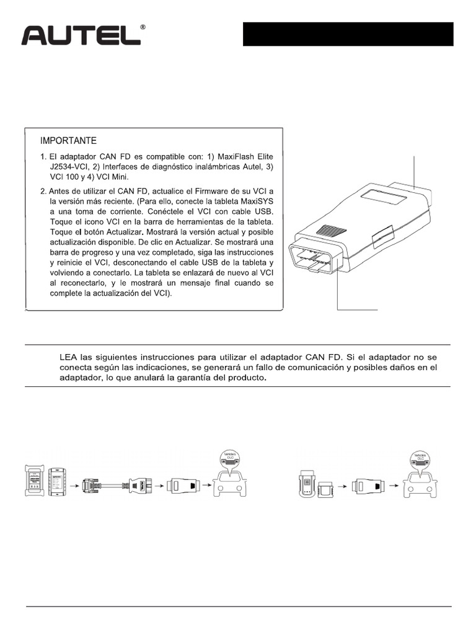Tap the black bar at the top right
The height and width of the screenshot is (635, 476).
coord(347,34)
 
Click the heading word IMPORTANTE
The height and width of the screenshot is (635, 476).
coord(68,140)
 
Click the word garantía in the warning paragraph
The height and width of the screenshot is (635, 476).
coord(171,378)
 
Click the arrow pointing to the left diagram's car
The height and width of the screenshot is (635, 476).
coord(205,484)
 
